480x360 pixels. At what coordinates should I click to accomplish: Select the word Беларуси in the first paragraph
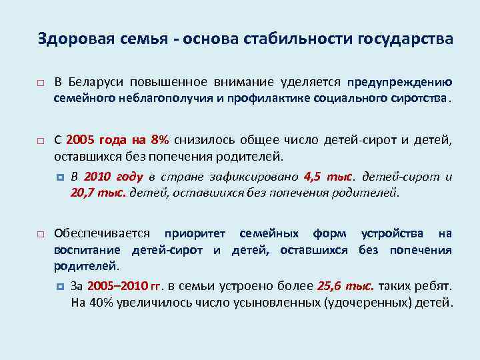(x=99, y=83)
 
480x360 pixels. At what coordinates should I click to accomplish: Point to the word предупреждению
(x=399, y=83)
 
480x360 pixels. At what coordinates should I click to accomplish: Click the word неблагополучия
(x=147, y=99)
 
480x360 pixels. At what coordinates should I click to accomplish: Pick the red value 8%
(x=160, y=141)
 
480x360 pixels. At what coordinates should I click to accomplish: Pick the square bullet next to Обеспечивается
(x=41, y=235)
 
